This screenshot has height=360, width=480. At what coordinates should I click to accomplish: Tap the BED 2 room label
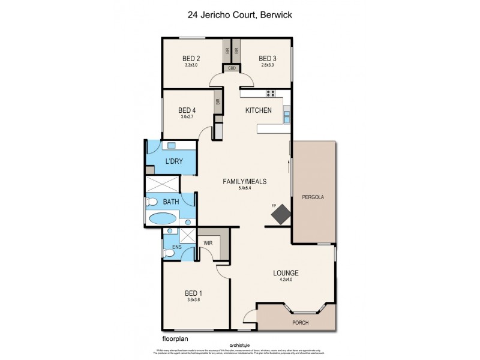tap(191, 58)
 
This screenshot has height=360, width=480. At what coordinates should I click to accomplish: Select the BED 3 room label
tap(266, 58)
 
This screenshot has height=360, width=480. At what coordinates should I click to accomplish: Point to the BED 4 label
tap(187, 110)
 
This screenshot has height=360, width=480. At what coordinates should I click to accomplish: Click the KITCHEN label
tap(259, 110)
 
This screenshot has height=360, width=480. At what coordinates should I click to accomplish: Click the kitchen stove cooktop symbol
tap(270, 93)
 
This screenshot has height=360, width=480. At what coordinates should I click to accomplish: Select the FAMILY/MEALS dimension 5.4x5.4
tap(245, 188)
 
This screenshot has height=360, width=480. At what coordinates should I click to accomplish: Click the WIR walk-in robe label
tap(208, 244)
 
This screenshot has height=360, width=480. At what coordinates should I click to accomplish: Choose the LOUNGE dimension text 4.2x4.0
tap(285, 281)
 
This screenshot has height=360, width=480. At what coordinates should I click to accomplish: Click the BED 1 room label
tap(194, 293)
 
